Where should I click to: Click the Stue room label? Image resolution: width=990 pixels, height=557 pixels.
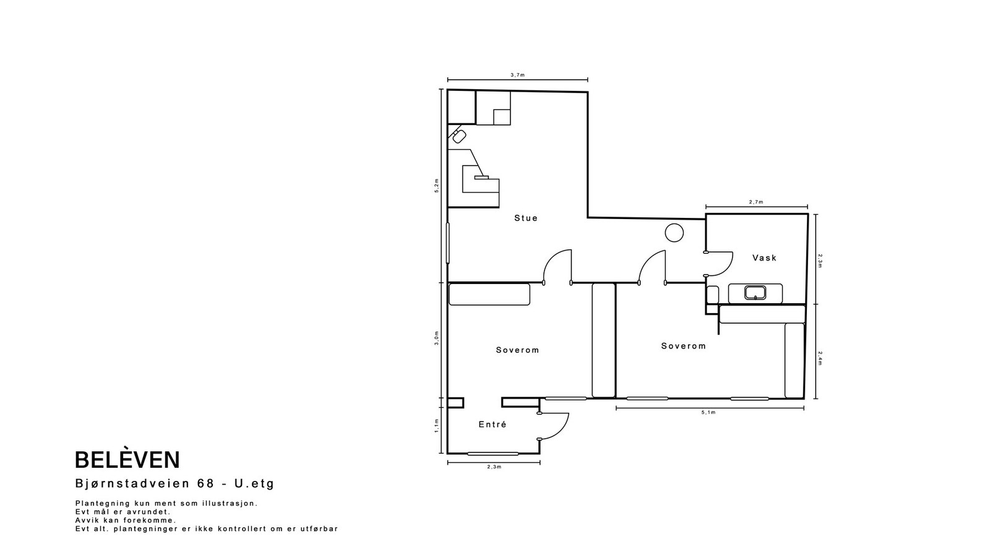click(526, 218)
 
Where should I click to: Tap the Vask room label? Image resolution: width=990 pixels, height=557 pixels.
click(765, 257)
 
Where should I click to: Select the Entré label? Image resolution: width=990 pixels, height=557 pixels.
click(493, 425)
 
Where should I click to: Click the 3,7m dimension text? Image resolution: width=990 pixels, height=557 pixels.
click(517, 75)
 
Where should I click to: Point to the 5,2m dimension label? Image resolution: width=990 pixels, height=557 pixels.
click(437, 186)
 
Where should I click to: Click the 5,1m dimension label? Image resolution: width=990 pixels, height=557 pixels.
click(708, 412)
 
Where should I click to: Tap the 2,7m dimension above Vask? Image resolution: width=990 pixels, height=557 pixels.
click(756, 202)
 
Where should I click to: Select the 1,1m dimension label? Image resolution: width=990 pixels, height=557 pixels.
click(437, 426)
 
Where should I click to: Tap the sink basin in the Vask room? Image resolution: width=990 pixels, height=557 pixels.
click(755, 293)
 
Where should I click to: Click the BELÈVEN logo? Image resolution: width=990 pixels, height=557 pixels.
click(127, 460)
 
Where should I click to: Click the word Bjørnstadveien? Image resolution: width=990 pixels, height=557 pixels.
click(132, 483)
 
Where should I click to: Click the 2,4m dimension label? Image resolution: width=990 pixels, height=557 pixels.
click(820, 358)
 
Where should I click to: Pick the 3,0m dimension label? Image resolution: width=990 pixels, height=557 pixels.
click(437, 338)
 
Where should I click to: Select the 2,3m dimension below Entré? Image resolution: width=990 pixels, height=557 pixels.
click(494, 467)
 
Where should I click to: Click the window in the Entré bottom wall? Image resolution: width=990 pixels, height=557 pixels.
click(493, 454)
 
